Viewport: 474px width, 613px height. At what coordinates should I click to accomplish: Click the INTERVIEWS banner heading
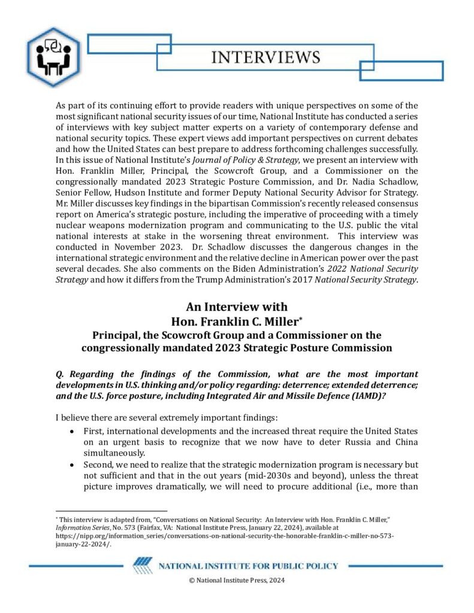point(266,57)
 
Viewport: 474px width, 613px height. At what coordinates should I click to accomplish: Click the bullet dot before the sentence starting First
point(73,431)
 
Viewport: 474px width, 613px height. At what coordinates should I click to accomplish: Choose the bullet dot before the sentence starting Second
point(73,464)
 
